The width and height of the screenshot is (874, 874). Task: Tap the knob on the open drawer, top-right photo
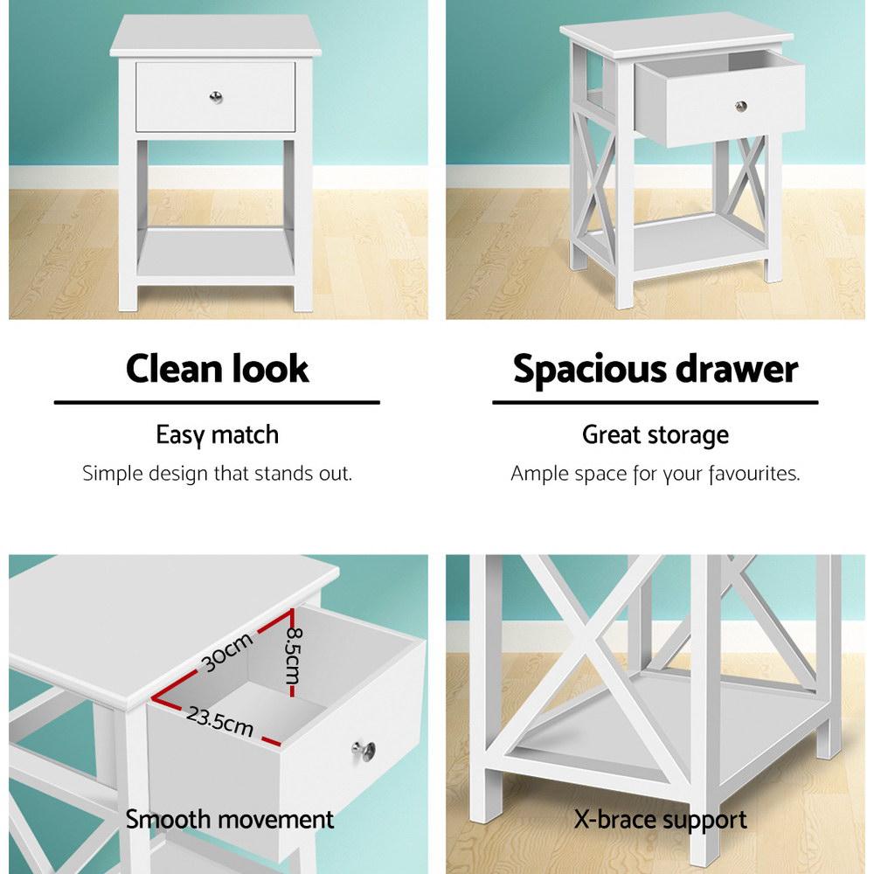(741, 107)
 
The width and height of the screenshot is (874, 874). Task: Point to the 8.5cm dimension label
(294, 658)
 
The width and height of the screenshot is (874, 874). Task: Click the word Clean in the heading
(177, 369)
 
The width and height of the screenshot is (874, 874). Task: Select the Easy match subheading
(217, 434)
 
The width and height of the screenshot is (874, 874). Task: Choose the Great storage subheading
(655, 434)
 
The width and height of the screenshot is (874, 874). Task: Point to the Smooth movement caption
(230, 819)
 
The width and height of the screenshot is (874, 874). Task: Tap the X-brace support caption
(661, 819)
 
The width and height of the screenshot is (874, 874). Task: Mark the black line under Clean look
(217, 403)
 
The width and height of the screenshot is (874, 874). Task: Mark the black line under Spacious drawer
(655, 403)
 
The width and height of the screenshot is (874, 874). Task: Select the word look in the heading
(273, 369)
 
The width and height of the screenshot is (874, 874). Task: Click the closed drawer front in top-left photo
(175, 94)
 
